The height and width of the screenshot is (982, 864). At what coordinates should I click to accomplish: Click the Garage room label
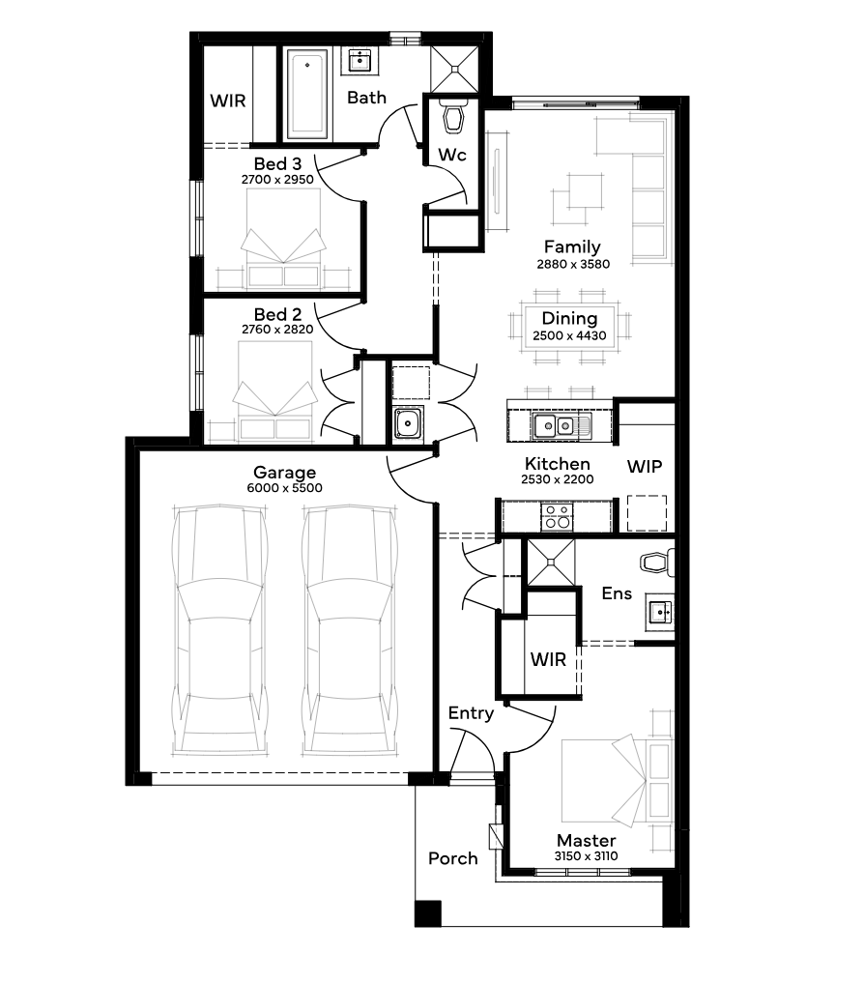pyautogui.click(x=284, y=473)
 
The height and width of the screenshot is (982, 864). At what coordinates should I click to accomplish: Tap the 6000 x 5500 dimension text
pyautogui.click(x=284, y=488)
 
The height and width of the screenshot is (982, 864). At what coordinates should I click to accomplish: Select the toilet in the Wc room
pyautogui.click(x=452, y=116)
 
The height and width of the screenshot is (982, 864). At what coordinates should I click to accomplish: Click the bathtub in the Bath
pyautogui.click(x=306, y=95)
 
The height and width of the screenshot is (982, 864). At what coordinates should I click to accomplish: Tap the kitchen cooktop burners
pyautogui.click(x=558, y=518)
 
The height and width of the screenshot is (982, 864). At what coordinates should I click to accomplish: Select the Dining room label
pyautogui.click(x=569, y=319)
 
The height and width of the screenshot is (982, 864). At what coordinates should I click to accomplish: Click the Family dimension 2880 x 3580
pyautogui.click(x=573, y=264)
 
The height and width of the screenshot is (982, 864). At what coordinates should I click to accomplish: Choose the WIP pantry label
pyautogui.click(x=645, y=467)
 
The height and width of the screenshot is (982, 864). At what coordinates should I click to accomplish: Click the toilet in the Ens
pyautogui.click(x=657, y=562)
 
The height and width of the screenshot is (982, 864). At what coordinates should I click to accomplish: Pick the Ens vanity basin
pyautogui.click(x=660, y=611)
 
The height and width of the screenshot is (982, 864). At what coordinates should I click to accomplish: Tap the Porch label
pyautogui.click(x=452, y=858)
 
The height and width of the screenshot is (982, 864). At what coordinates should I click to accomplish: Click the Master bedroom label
pyautogui.click(x=586, y=841)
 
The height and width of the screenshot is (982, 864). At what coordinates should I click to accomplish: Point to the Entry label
pyautogui.click(x=471, y=713)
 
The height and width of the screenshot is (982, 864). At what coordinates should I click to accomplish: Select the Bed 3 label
pyautogui.click(x=277, y=164)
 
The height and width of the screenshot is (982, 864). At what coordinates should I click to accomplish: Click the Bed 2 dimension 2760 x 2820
pyautogui.click(x=277, y=330)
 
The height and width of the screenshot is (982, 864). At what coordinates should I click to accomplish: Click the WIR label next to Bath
pyautogui.click(x=228, y=101)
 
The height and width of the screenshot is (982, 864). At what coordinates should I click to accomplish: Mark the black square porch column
pyautogui.click(x=428, y=913)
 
